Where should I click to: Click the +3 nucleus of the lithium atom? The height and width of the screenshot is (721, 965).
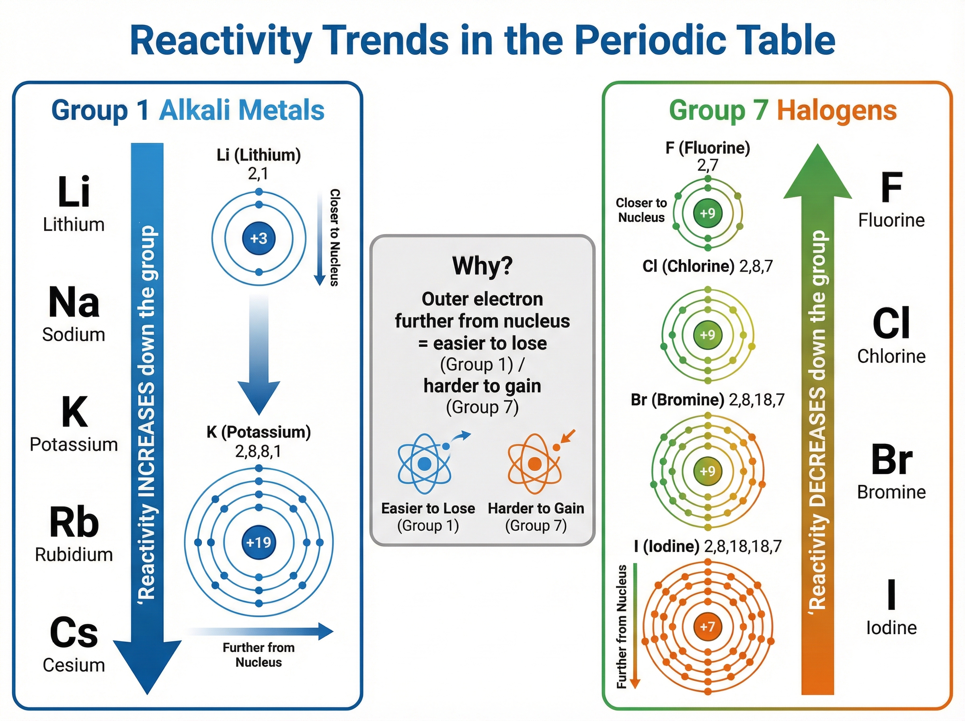click(x=259, y=238)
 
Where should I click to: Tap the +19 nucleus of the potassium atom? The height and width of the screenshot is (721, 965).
click(x=259, y=542)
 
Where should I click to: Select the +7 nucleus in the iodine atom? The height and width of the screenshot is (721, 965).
click(x=707, y=627)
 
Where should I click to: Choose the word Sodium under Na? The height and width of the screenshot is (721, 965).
click(x=74, y=335)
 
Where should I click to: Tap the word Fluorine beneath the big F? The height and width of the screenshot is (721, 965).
click(x=891, y=220)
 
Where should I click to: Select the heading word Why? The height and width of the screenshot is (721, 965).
click(x=482, y=266)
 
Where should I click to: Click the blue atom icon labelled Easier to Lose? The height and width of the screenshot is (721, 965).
click(x=424, y=463)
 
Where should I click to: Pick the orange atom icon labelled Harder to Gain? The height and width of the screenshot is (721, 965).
click(x=535, y=463)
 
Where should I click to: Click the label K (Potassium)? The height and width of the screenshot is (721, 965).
click(x=259, y=432)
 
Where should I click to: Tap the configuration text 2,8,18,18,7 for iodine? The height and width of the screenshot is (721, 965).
click(x=743, y=546)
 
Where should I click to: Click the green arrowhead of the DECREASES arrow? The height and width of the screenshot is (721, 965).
click(x=817, y=175)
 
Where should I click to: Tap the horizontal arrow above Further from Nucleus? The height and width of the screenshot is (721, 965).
click(x=262, y=631)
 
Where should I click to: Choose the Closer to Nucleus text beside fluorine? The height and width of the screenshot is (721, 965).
click(x=641, y=210)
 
